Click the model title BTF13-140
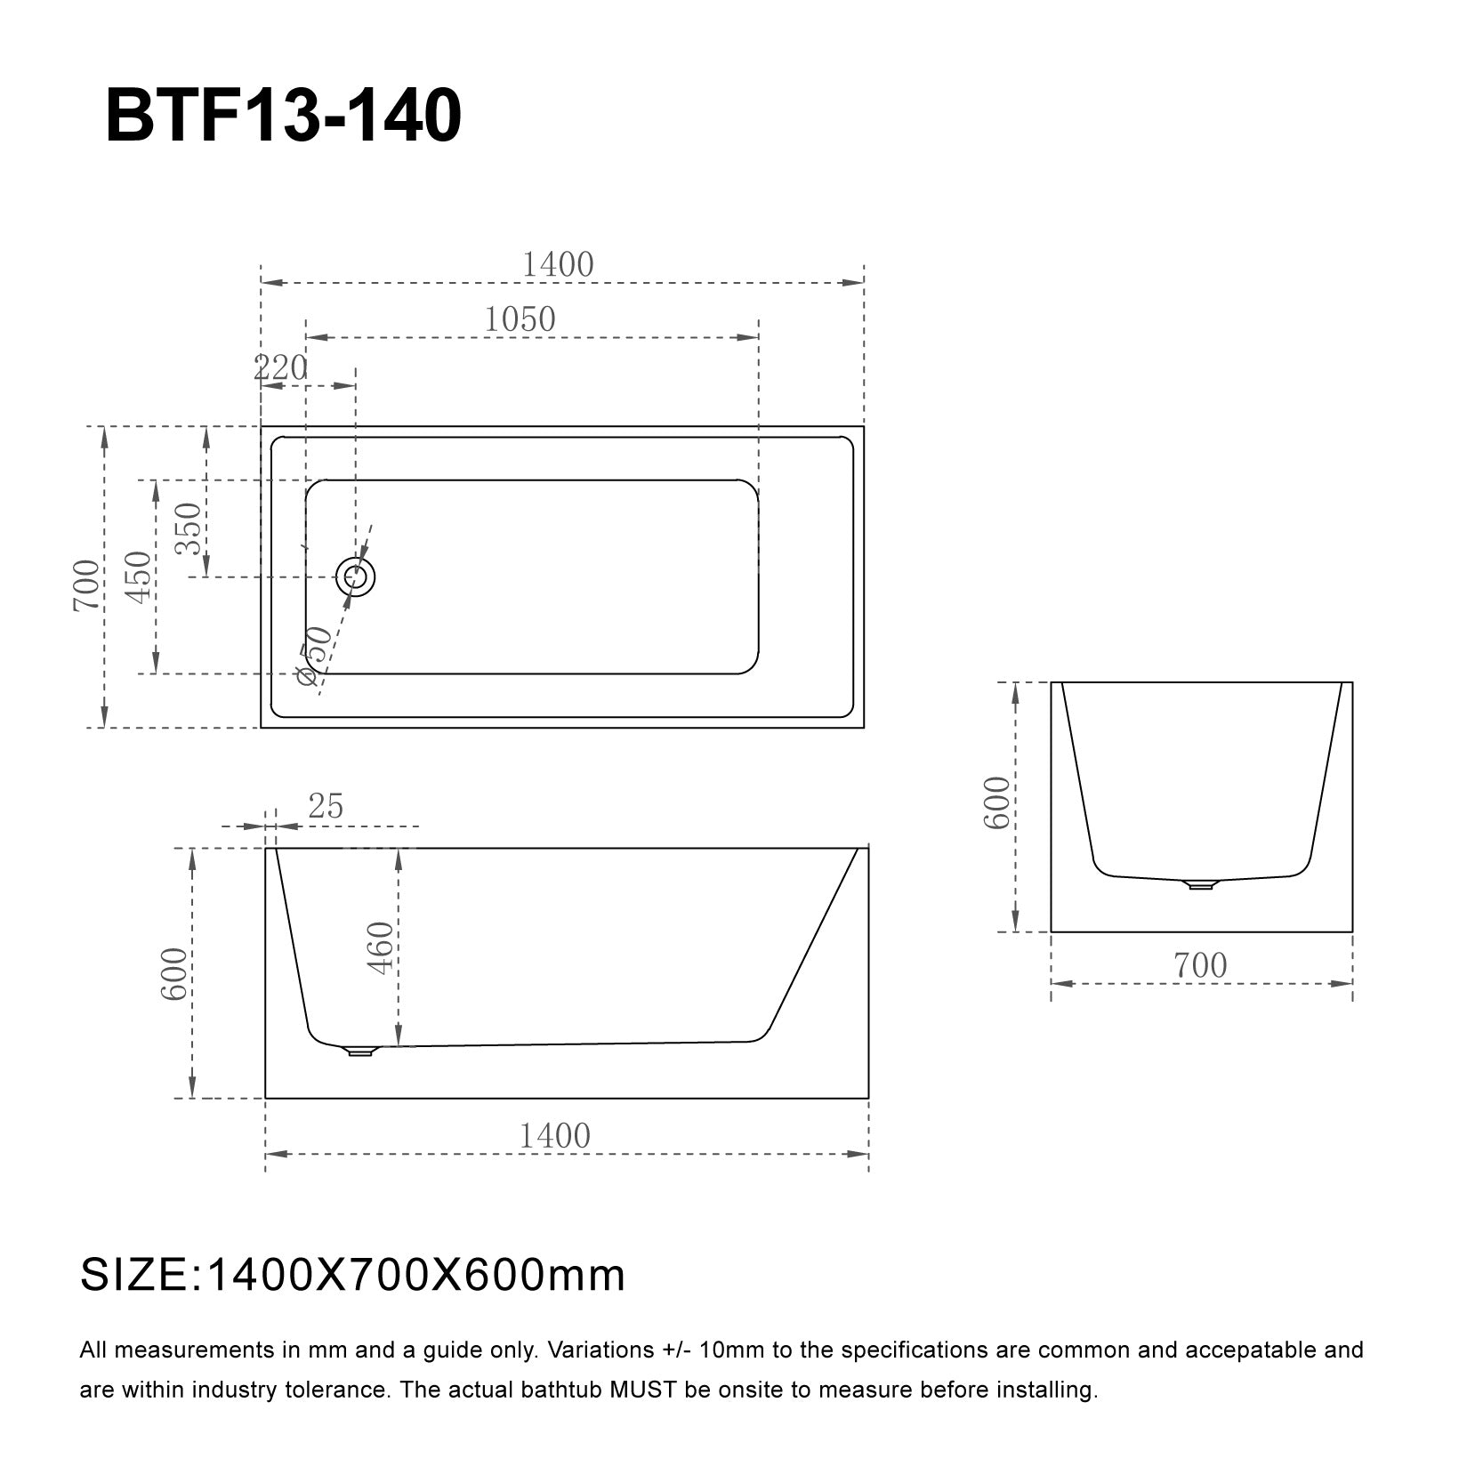pyautogui.click(x=283, y=117)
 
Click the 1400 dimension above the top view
pyautogui.click(x=557, y=264)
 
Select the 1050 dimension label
pyautogui.click(x=520, y=318)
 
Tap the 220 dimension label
pyautogui.click(x=280, y=367)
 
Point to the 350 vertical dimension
pyautogui.click(x=189, y=528)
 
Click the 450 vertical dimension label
pyautogui.click(x=138, y=576)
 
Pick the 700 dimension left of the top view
pyautogui.click(x=86, y=585)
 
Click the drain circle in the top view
pyautogui.click(x=356, y=577)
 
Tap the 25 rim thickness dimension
pyautogui.click(x=325, y=806)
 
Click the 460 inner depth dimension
pyautogui.click(x=381, y=947)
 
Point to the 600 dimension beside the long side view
pyautogui.click(x=174, y=973)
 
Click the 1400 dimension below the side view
pyautogui.click(x=554, y=1136)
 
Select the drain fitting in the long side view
pyautogui.click(x=360, y=1051)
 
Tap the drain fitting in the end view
pyautogui.click(x=1201, y=883)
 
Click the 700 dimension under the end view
pyautogui.click(x=1200, y=965)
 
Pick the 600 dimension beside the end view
pyautogui.click(x=997, y=802)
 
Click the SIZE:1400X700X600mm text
pyautogui.click(x=352, y=1276)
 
